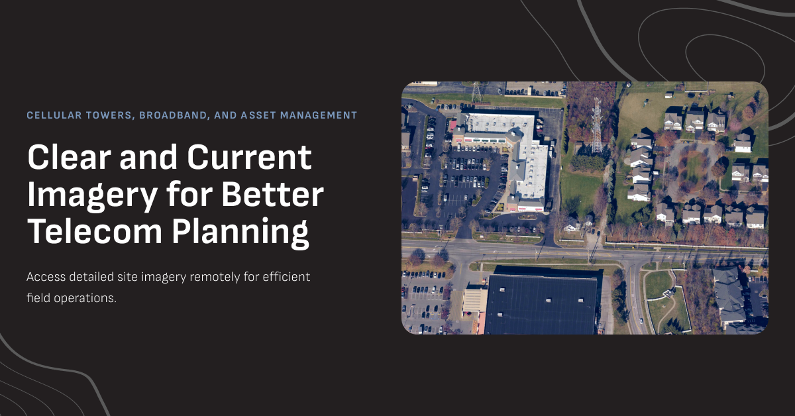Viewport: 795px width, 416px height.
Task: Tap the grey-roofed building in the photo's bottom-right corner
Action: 731,295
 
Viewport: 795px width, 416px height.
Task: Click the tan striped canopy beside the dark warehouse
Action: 474,300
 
